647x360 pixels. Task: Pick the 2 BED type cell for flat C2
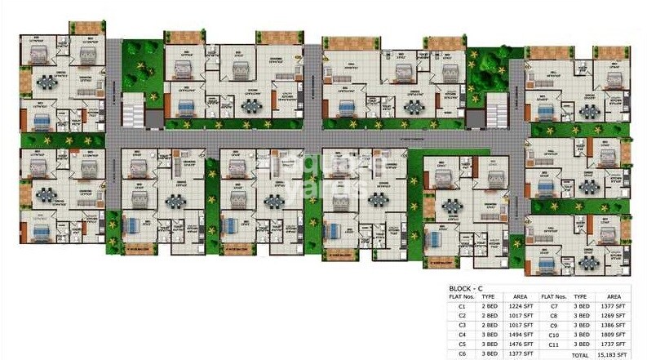pos(488,315)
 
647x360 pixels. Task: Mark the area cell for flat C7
pos(614,305)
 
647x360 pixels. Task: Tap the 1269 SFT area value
pos(614,315)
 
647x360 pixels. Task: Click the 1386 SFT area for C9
pos(614,324)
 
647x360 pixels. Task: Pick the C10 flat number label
pos(554,334)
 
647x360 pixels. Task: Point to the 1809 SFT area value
pos(614,334)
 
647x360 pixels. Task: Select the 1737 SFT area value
pos(614,344)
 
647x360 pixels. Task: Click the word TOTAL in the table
pos(581,353)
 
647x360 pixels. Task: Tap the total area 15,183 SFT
pos(614,353)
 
